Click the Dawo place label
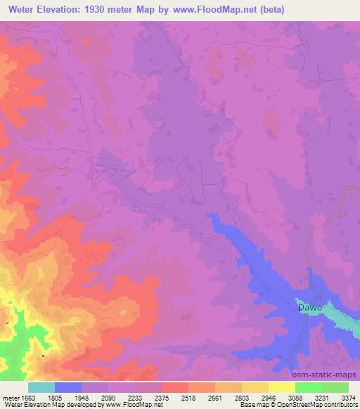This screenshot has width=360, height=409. click(x=309, y=308)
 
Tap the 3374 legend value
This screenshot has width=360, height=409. click(x=349, y=397)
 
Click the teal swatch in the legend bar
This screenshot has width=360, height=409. click(x=41, y=387)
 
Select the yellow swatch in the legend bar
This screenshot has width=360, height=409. click(x=282, y=387)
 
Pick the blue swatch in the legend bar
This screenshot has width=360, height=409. click(x=68, y=387)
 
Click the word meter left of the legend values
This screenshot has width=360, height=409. click(x=9, y=397)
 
